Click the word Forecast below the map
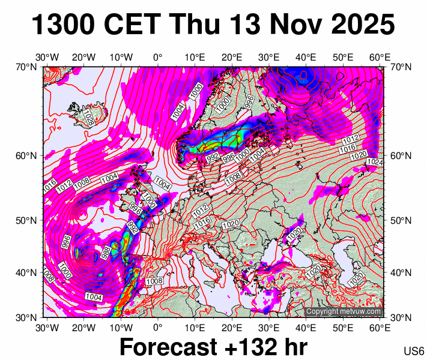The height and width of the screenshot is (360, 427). click(168, 347)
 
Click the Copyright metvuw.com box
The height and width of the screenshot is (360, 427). click(344, 311)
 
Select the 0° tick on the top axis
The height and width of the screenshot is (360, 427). click(158, 58)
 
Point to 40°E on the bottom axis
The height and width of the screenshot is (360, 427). click(306, 328)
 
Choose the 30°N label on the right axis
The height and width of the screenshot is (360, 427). click(401, 317)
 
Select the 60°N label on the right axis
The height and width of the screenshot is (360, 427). click(401, 156)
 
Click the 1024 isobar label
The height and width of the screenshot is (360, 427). click(375, 162)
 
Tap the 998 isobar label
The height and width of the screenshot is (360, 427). click(106, 253)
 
